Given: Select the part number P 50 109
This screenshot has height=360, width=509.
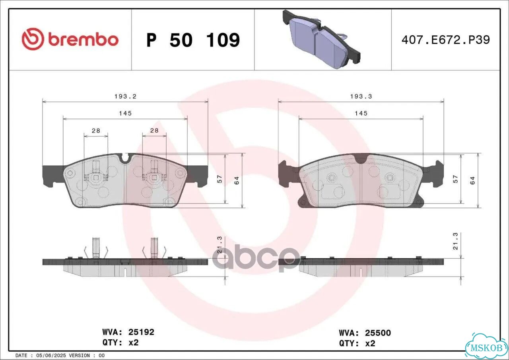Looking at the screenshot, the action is point(193,40).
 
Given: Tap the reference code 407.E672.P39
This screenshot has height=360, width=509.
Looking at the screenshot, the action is point(446,40).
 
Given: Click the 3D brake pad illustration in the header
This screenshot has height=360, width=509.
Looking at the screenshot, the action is point(322,39).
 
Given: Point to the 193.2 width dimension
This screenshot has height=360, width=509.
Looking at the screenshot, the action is point(125,97).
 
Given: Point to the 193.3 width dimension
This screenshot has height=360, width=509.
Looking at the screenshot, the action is point(361,97).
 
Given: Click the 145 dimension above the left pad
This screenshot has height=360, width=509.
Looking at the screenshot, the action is point(125,113).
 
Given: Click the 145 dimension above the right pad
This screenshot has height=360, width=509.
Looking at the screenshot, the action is point(361,113).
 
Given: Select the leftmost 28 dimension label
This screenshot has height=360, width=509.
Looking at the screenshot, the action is point(96,131).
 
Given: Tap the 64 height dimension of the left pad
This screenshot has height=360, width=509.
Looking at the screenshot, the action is point(237,180).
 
